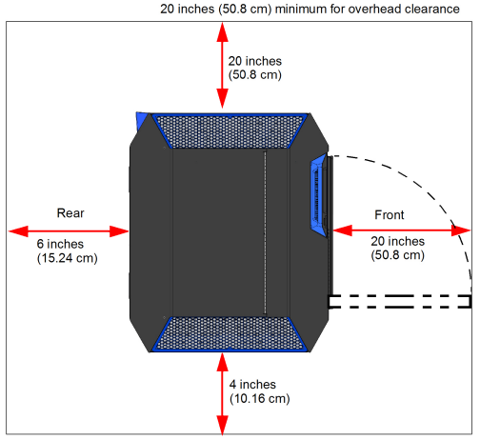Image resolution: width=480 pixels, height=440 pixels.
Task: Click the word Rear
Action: click(70, 213)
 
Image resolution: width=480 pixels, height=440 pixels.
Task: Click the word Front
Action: click(390, 215)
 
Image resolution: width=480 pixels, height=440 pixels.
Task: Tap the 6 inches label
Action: click(60, 244)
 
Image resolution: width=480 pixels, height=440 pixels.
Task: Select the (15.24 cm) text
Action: click(68, 258)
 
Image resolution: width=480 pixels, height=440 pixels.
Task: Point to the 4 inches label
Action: click(252, 385)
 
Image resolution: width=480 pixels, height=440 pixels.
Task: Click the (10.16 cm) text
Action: click(260, 399)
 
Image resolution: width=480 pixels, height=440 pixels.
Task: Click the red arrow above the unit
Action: click(223, 66)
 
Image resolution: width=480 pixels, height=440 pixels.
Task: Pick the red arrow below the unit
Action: click(223, 393)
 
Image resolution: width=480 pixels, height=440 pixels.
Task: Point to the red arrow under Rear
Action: click(69, 231)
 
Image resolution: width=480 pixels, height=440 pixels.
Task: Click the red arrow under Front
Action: click(402, 230)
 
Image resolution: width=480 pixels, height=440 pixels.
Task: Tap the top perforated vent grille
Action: click(230, 130)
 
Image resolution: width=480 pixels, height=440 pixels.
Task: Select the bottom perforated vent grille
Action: click(230, 334)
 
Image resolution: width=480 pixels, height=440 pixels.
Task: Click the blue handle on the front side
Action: click(318, 195)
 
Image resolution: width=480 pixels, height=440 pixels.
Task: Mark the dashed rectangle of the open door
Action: click(400, 302)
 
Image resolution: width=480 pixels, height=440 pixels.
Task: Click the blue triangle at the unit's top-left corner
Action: click(141, 121)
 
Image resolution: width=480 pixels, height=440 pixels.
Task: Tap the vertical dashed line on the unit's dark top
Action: click(266, 233)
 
